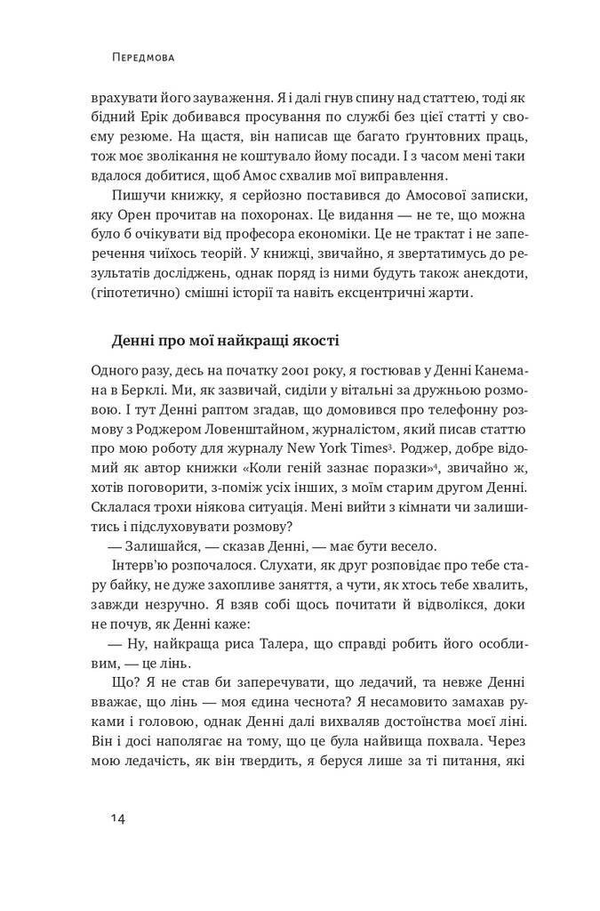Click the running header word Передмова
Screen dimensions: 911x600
click(143, 58)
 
